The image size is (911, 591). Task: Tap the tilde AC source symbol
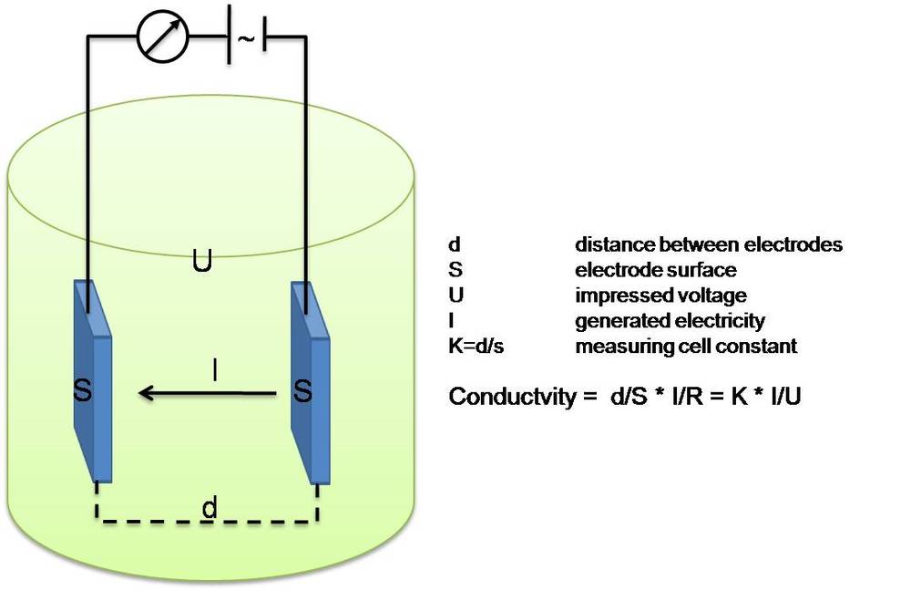245,39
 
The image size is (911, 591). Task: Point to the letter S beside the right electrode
303,394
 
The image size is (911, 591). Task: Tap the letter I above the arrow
214,370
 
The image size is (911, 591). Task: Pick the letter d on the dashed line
210,508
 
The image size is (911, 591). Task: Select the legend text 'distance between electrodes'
708,244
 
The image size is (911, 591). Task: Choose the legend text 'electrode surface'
655,270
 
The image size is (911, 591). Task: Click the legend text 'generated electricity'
670,321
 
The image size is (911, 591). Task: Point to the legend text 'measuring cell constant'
686,347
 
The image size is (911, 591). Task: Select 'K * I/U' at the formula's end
765,398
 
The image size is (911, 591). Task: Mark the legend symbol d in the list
454,244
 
